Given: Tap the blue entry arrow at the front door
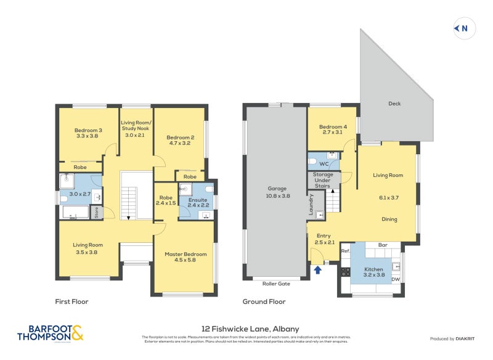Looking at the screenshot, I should (x=318, y=269).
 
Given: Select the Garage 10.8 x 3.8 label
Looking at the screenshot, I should (x=276, y=192).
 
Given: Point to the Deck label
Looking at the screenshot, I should (x=394, y=104).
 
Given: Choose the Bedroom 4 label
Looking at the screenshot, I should (x=332, y=129).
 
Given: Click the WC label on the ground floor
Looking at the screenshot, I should (x=324, y=163).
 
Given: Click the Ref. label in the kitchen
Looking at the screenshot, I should (x=346, y=250).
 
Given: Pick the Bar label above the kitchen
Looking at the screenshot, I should (x=382, y=245).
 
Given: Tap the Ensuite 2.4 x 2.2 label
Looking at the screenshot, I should (x=198, y=202).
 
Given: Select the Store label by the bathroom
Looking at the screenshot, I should (x=96, y=213).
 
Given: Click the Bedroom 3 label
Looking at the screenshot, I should (x=88, y=133).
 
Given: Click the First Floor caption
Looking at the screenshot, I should (x=71, y=302).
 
